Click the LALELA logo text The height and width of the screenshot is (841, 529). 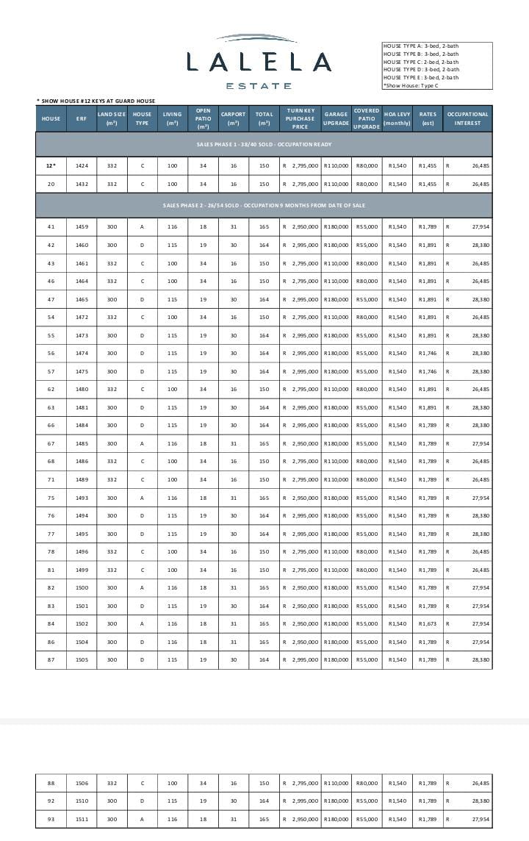259,62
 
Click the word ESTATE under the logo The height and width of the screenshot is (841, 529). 259,86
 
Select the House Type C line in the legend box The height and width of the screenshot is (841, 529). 421,62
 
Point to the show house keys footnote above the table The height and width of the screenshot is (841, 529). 96,101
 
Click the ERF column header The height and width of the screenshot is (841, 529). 81,118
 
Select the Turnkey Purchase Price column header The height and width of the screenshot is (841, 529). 300,118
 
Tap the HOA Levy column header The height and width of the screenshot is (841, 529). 397,118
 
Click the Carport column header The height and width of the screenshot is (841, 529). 233,118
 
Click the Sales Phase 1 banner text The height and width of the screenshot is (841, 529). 264,144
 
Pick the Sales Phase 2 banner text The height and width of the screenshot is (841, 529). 264,205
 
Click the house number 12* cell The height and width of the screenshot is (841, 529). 51,166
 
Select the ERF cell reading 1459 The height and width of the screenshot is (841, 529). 82,227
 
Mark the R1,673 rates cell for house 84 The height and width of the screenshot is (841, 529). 427,623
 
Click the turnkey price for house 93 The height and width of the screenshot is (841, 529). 301,819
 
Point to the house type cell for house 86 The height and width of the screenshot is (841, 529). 142,642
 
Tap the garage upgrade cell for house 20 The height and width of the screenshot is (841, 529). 336,184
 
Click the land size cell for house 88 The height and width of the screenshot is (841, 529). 112,783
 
